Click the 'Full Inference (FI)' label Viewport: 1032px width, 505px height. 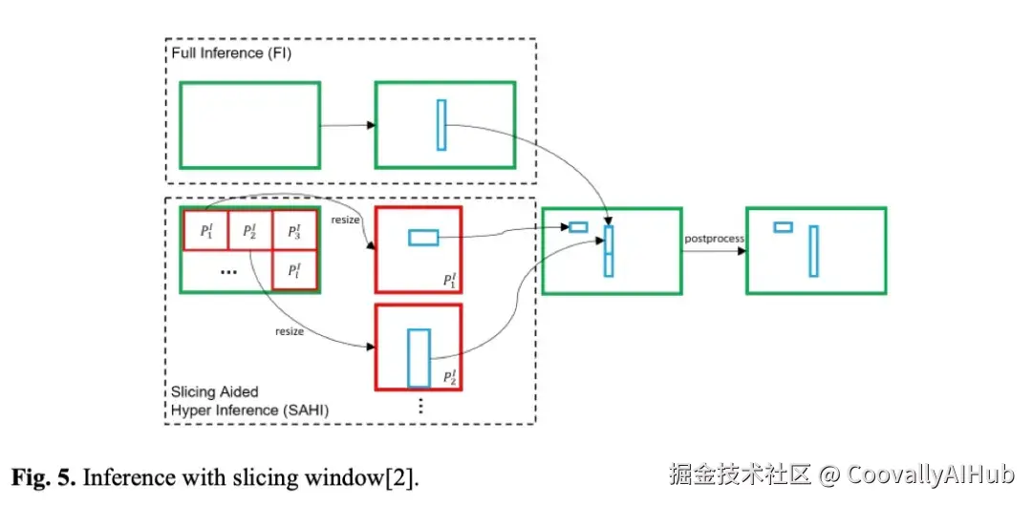pos(231,53)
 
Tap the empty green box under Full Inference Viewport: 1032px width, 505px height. pos(249,125)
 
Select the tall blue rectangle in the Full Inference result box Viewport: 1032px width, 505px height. pos(441,125)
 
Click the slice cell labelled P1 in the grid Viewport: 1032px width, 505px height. pos(206,230)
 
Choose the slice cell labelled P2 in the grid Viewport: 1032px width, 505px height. pos(249,230)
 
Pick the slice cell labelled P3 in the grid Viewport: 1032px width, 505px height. pos(294,230)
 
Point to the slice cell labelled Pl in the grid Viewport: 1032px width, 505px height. pos(294,270)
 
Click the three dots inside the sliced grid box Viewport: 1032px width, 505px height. pos(228,271)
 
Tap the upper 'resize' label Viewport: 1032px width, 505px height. pos(346,221)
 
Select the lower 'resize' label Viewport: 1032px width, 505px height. pos(290,332)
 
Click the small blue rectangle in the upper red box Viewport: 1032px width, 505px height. pos(422,238)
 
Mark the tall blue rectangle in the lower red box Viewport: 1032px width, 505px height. pos(419,358)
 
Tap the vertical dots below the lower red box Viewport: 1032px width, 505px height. pos(419,404)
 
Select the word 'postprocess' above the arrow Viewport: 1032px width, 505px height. pos(713,239)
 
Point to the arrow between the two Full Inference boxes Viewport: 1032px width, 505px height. pos(347,125)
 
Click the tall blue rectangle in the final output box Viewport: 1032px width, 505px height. pos(813,251)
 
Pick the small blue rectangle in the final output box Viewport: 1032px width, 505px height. pos(783,227)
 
